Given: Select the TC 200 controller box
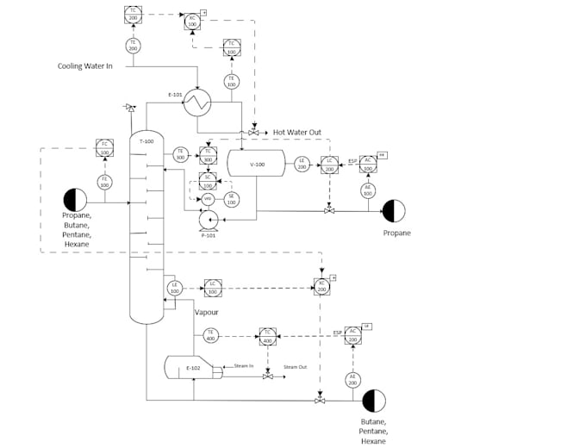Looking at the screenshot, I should click(133, 15).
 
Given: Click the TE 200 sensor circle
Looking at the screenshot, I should click(133, 45).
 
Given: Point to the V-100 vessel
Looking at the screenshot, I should click(256, 165).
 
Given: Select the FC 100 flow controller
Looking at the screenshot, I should click(104, 149).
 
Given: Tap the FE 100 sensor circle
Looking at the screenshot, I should click(104, 182).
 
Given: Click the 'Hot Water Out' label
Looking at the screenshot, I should click(297, 133).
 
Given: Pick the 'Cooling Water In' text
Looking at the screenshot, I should click(85, 65).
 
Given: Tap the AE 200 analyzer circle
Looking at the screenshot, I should click(352, 380).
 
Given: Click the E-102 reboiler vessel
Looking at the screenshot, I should click(194, 368).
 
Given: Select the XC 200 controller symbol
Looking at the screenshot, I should click(322, 287).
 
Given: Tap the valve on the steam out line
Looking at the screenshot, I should click(268, 376).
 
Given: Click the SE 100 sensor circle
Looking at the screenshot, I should click(231, 198).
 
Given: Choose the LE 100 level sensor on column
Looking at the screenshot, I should click(174, 288).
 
